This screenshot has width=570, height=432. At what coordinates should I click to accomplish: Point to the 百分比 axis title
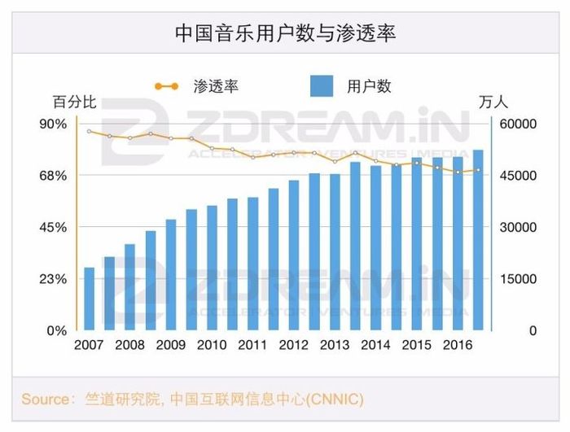tap(75, 103)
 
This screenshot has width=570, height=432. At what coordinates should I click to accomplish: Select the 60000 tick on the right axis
tap(519, 124)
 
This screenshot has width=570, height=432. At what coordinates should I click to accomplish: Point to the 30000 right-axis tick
tap(519, 227)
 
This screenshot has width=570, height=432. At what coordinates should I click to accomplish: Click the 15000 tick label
tap(519, 279)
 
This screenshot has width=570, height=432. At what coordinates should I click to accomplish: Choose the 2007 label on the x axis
tap(90, 344)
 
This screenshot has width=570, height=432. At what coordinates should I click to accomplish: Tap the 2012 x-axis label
tap(294, 344)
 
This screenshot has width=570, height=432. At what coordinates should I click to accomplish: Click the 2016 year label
tap(457, 344)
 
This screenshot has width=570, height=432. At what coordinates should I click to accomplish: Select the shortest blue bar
tap(90, 299)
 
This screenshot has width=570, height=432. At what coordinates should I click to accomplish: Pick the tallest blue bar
tap(478, 240)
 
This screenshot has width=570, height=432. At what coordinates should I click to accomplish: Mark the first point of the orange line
tap(90, 131)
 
